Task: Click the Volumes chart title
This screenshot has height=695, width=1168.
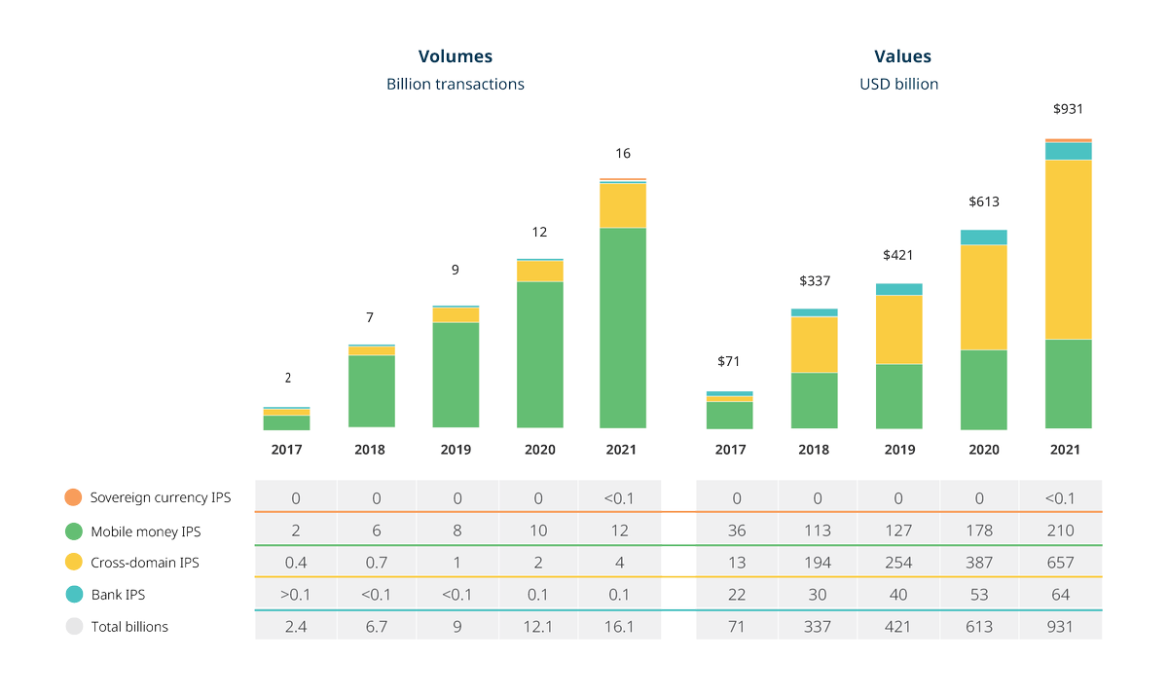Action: (456, 56)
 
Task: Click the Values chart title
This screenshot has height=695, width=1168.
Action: (902, 56)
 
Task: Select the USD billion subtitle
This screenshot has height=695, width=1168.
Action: (898, 84)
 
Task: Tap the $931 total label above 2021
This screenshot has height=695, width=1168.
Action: (1068, 110)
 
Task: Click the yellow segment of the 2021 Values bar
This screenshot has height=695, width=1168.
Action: (1068, 249)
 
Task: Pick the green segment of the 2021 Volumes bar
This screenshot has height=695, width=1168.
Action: (623, 328)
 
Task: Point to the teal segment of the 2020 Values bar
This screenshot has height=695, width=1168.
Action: (983, 238)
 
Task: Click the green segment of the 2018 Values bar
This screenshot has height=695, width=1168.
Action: (814, 400)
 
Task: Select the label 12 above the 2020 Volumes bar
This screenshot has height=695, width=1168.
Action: (538, 232)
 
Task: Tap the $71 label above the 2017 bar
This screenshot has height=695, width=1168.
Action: (728, 361)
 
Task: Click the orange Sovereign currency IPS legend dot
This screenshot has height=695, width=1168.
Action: (73, 497)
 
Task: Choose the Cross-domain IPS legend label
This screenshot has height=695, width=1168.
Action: (145, 563)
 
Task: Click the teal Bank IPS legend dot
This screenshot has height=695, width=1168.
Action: (73, 594)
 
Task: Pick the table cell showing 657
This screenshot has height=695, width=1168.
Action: (1060, 563)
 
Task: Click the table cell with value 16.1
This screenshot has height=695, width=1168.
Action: (619, 626)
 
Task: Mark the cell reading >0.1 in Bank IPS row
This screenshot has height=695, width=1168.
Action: (296, 594)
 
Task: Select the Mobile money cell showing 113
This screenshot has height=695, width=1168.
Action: (818, 530)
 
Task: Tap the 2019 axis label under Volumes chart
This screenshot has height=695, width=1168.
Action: (456, 450)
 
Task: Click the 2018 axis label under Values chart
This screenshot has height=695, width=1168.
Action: (814, 450)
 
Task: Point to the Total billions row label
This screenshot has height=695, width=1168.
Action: (129, 627)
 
